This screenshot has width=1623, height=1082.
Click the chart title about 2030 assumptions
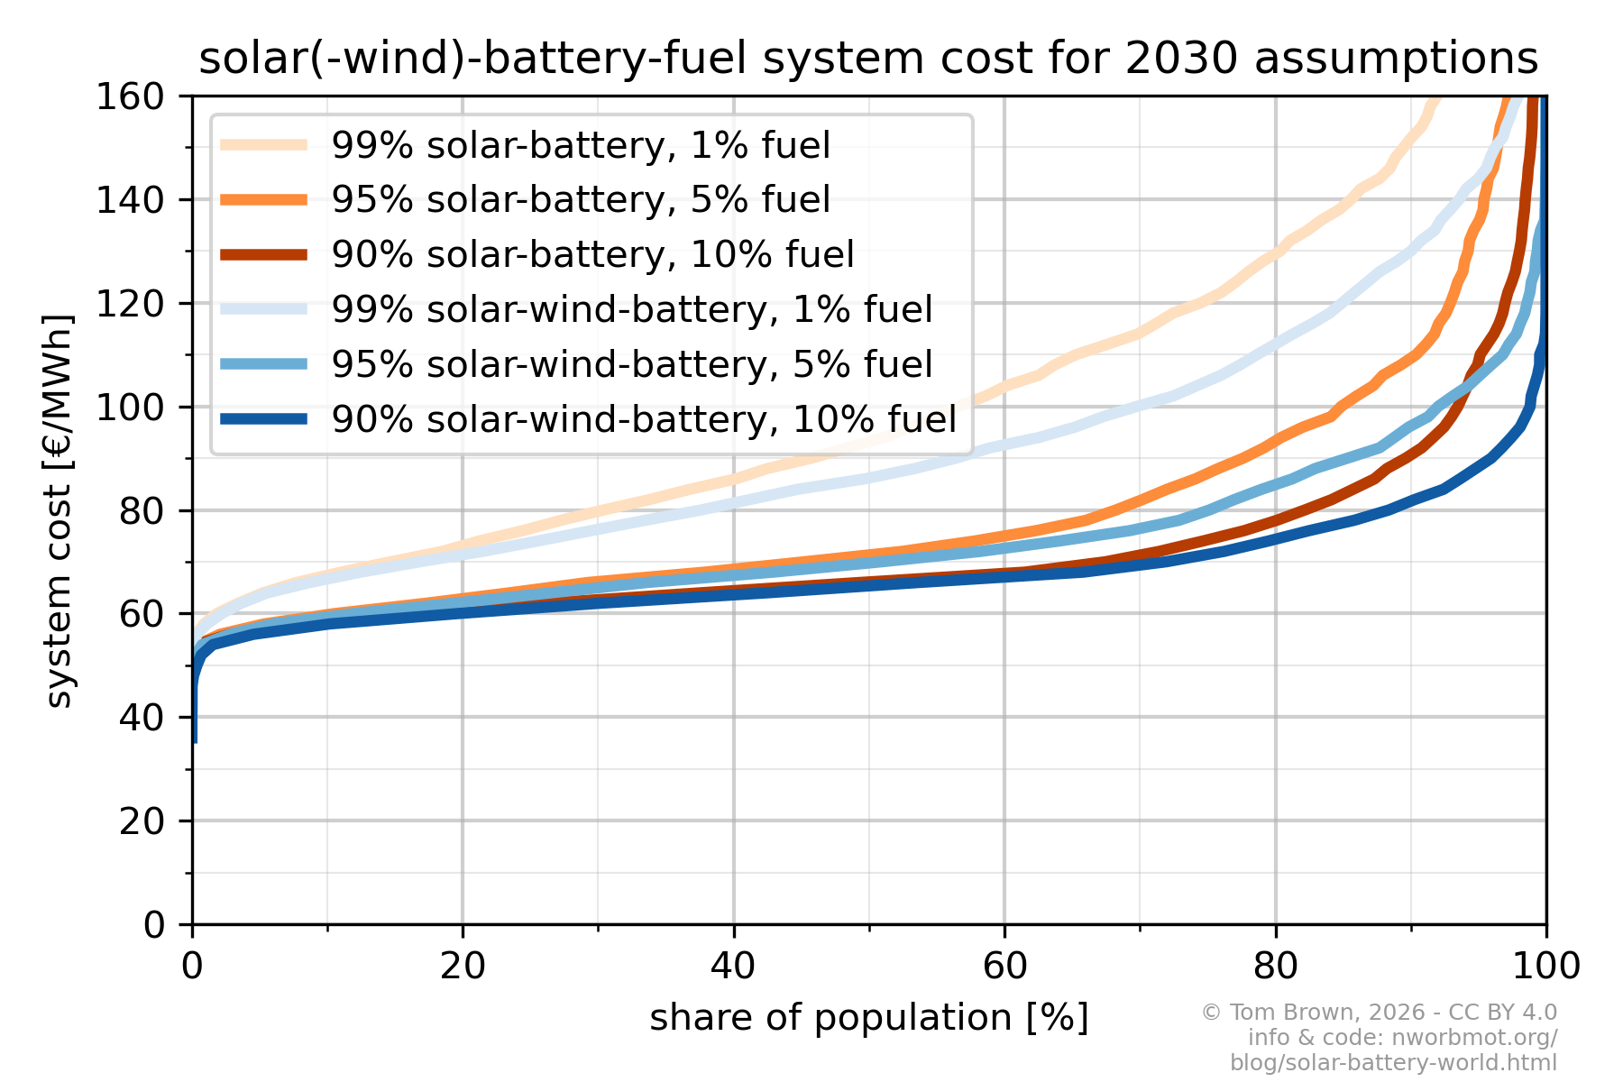[x=867, y=59]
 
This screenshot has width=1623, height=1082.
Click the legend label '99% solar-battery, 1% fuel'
[x=581, y=145]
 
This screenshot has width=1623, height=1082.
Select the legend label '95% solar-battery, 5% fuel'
[x=581, y=199]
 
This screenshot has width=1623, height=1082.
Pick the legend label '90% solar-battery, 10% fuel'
[x=592, y=254]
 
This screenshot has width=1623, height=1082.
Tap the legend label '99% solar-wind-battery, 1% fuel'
[x=631, y=309]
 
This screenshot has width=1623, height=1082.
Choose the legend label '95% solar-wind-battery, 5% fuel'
[x=631, y=364]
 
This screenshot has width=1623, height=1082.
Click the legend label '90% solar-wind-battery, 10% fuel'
[x=644, y=419]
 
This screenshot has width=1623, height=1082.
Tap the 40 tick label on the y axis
[x=142, y=718]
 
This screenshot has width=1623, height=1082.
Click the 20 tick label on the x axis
[x=463, y=967]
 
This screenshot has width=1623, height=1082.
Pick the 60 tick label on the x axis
[x=1004, y=967]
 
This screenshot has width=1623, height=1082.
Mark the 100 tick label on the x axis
[x=1545, y=967]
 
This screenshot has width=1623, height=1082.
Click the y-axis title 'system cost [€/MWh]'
[x=59, y=510]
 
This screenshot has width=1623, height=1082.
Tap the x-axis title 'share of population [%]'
[x=869, y=1018]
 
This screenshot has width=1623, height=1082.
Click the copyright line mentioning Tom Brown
[x=1379, y=1013]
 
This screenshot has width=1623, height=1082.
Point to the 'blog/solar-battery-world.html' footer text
[x=1393, y=1063]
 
